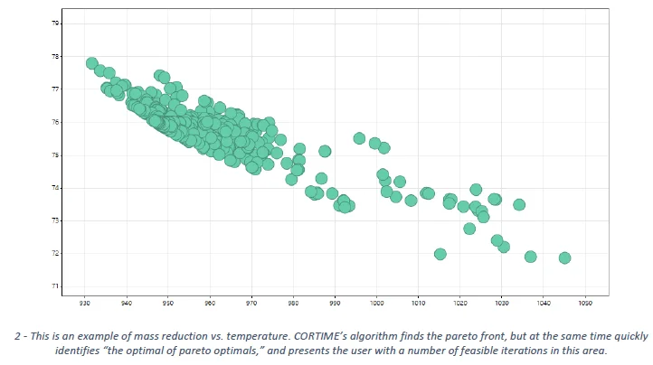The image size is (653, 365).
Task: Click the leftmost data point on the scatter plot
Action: click(91, 63)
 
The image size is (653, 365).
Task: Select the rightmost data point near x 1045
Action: click(565, 257)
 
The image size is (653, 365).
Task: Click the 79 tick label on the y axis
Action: click(55, 23)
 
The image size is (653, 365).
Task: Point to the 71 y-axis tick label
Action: click(55, 286)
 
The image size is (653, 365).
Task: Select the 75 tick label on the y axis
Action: click(55, 155)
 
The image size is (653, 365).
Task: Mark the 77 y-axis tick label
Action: click(55, 89)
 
